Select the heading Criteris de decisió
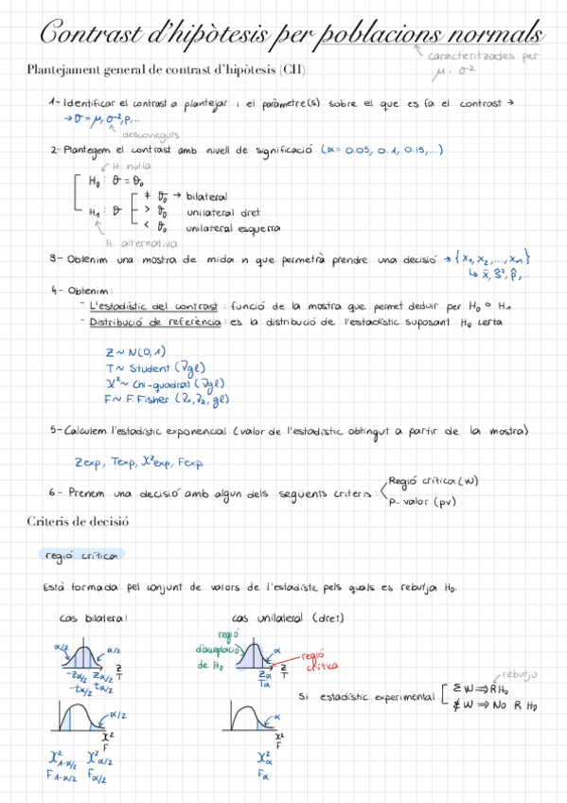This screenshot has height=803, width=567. coord(78,522)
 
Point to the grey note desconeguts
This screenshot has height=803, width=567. coord(151,134)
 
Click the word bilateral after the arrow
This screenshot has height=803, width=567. coord(206,196)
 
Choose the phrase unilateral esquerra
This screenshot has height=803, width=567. coord(233,228)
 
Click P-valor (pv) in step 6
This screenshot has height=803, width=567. coord(421,502)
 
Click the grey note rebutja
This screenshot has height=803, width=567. coord(518,674)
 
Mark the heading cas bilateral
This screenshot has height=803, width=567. coord(92,618)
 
